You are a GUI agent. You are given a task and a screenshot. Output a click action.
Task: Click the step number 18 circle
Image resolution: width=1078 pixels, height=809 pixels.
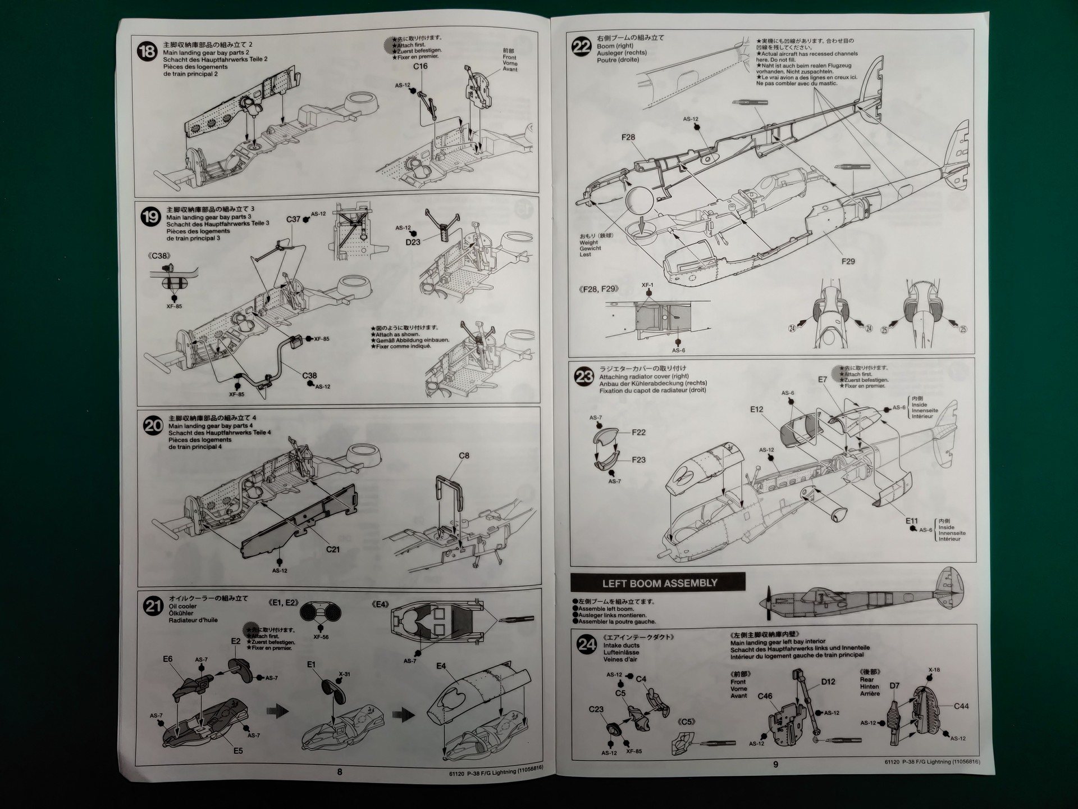point(147,52)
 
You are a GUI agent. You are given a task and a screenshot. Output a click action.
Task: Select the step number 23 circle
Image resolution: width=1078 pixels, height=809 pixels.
point(584,376)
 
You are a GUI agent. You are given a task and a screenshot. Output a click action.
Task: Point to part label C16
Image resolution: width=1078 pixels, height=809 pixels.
point(420,66)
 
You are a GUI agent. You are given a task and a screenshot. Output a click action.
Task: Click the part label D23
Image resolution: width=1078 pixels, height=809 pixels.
point(413,242)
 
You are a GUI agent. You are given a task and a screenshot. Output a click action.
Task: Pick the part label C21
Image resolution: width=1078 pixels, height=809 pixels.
point(333,549)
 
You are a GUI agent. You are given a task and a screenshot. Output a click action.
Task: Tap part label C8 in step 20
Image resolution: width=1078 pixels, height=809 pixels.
point(464,456)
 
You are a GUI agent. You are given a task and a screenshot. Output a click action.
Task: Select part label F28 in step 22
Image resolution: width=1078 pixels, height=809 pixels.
point(628,137)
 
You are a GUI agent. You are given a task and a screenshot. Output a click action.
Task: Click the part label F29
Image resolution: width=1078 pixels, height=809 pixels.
point(848,261)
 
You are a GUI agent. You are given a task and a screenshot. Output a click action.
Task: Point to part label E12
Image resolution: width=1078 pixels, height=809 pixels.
point(756,410)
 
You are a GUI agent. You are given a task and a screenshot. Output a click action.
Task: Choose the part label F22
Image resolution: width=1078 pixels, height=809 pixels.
point(638,433)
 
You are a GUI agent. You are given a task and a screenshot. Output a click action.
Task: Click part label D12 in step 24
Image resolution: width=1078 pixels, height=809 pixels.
point(828,681)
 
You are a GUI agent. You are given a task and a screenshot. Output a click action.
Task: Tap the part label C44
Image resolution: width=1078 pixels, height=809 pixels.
point(961,706)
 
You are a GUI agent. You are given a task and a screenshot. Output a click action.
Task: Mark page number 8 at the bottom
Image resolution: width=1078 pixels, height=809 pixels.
point(340,772)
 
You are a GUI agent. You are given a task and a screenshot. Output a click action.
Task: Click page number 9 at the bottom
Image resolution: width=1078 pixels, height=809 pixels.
point(775,765)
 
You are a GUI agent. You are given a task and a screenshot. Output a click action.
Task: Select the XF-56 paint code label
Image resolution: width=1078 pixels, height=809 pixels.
point(321,637)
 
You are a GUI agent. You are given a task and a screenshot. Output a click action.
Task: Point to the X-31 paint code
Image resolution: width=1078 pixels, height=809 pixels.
point(344,674)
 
